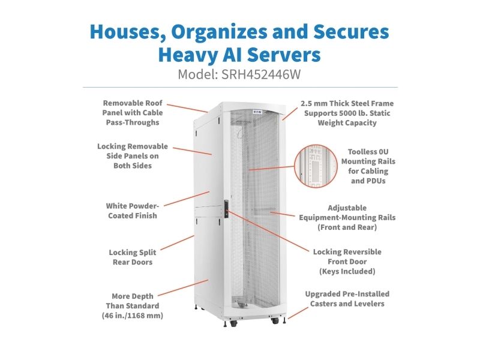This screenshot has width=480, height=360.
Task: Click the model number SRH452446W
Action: tap(261, 74)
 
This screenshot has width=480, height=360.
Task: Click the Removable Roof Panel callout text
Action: tap(132, 113)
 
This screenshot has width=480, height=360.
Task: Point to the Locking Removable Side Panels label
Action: tap(133, 156)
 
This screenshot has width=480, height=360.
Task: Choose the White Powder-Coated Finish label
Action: tap(133, 211)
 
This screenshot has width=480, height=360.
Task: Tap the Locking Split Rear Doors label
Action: tap(133, 257)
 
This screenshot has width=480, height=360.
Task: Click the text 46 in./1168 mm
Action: tap(133, 316)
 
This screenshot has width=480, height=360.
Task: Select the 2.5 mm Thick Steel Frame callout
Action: tap(347, 113)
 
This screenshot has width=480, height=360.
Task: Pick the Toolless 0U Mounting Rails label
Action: tap(368, 166)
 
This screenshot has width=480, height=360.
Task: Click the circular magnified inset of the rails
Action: tap(316, 166)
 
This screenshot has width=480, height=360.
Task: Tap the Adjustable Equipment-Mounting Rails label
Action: tap(347, 217)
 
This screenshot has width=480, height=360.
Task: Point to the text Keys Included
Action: tap(347, 271)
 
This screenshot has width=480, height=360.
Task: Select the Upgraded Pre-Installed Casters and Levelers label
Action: tap(347, 299)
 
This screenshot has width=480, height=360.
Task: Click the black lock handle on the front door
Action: tap(227, 209)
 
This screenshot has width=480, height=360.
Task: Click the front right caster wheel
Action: tap(275, 320)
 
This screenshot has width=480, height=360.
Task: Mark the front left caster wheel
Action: tap(233, 323)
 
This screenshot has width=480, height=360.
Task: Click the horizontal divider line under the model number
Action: tap(241, 87)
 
